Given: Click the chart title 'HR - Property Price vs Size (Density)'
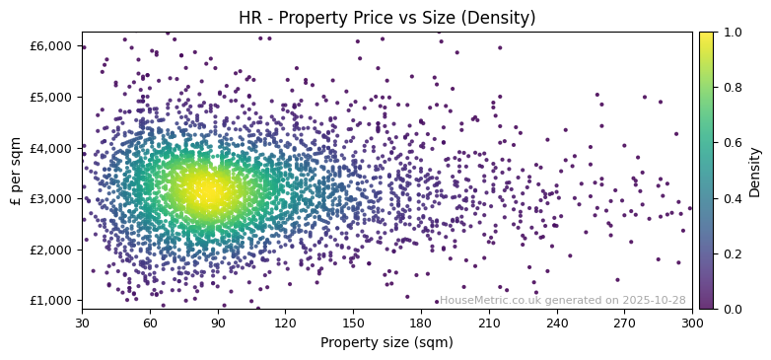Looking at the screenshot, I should [386, 18].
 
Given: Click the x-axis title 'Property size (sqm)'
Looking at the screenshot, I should [386, 342].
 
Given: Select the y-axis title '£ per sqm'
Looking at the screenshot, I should [16, 171].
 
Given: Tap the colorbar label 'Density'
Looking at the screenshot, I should [754, 171].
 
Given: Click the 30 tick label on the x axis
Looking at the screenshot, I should [82, 323].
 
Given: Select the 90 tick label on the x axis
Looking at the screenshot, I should [218, 323].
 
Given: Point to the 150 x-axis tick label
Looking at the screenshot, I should [353, 323].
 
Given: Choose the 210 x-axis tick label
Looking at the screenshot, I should [489, 323].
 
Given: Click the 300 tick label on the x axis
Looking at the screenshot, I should [692, 323].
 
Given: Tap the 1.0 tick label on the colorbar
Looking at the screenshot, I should [733, 33].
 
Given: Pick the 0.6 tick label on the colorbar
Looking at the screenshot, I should [733, 143].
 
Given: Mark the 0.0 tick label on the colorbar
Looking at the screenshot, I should [733, 309].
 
